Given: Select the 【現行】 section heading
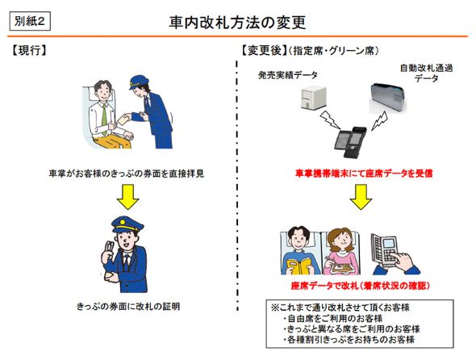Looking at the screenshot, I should [30, 50].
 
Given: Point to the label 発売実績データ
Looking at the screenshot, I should [287, 75].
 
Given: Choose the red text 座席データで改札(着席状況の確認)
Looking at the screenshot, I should [360, 287].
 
